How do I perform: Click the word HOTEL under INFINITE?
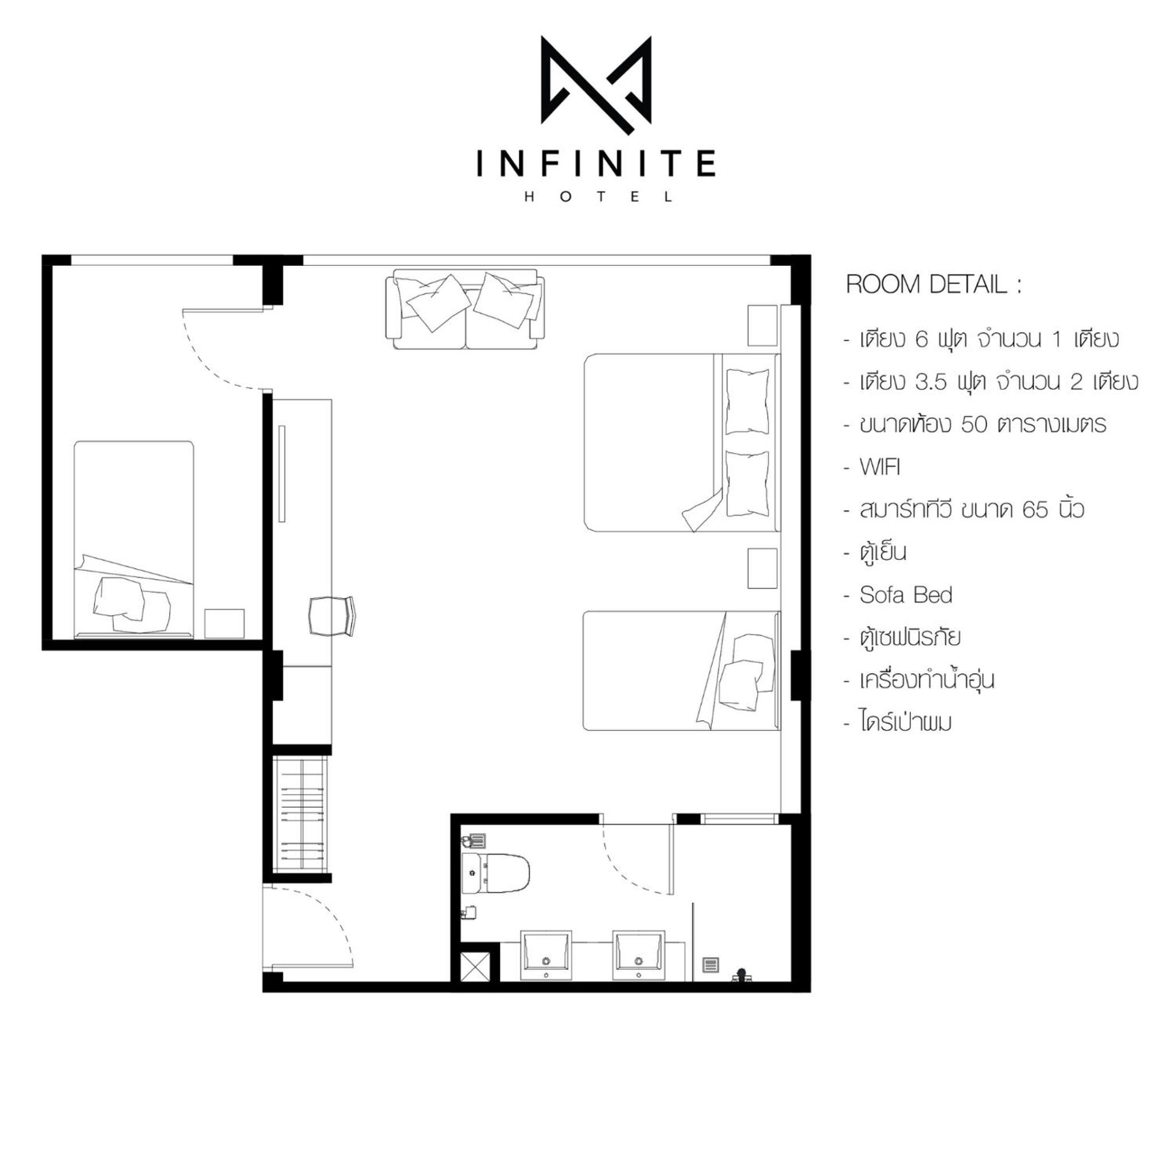(x=597, y=197)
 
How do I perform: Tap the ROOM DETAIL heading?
(x=933, y=285)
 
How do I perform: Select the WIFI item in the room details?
(x=880, y=467)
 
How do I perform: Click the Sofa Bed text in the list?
(x=905, y=595)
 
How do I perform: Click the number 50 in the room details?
(x=974, y=425)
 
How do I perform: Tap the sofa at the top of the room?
(x=465, y=310)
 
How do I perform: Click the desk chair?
(x=332, y=616)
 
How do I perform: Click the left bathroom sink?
(x=546, y=955)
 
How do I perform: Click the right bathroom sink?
(x=638, y=955)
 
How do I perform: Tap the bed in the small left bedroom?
(x=134, y=539)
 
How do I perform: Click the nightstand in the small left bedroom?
(x=224, y=622)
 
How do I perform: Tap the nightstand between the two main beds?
(x=762, y=568)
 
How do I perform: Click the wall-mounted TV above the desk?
(x=282, y=473)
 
